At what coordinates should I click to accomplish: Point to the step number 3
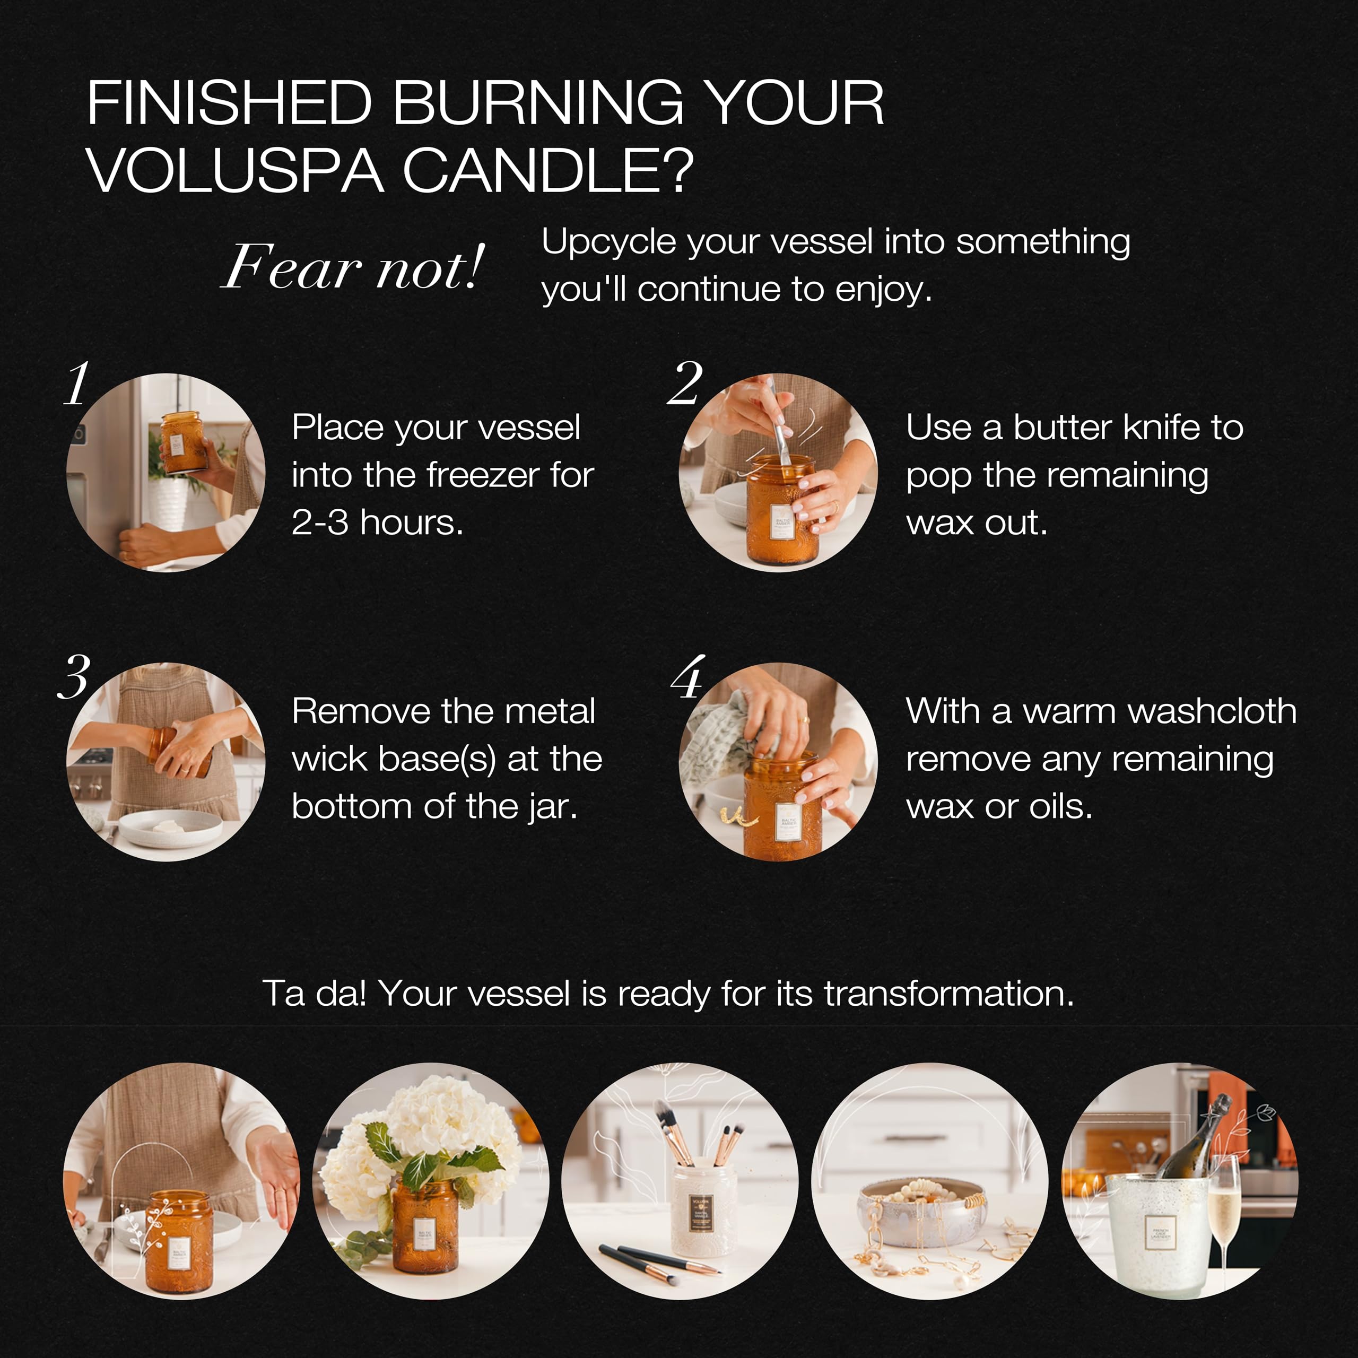point(74,677)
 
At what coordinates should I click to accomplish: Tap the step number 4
point(687,677)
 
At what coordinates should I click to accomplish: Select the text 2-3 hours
point(378,523)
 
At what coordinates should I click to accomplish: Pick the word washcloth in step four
point(1159,711)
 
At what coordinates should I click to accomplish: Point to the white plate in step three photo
point(169,830)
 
